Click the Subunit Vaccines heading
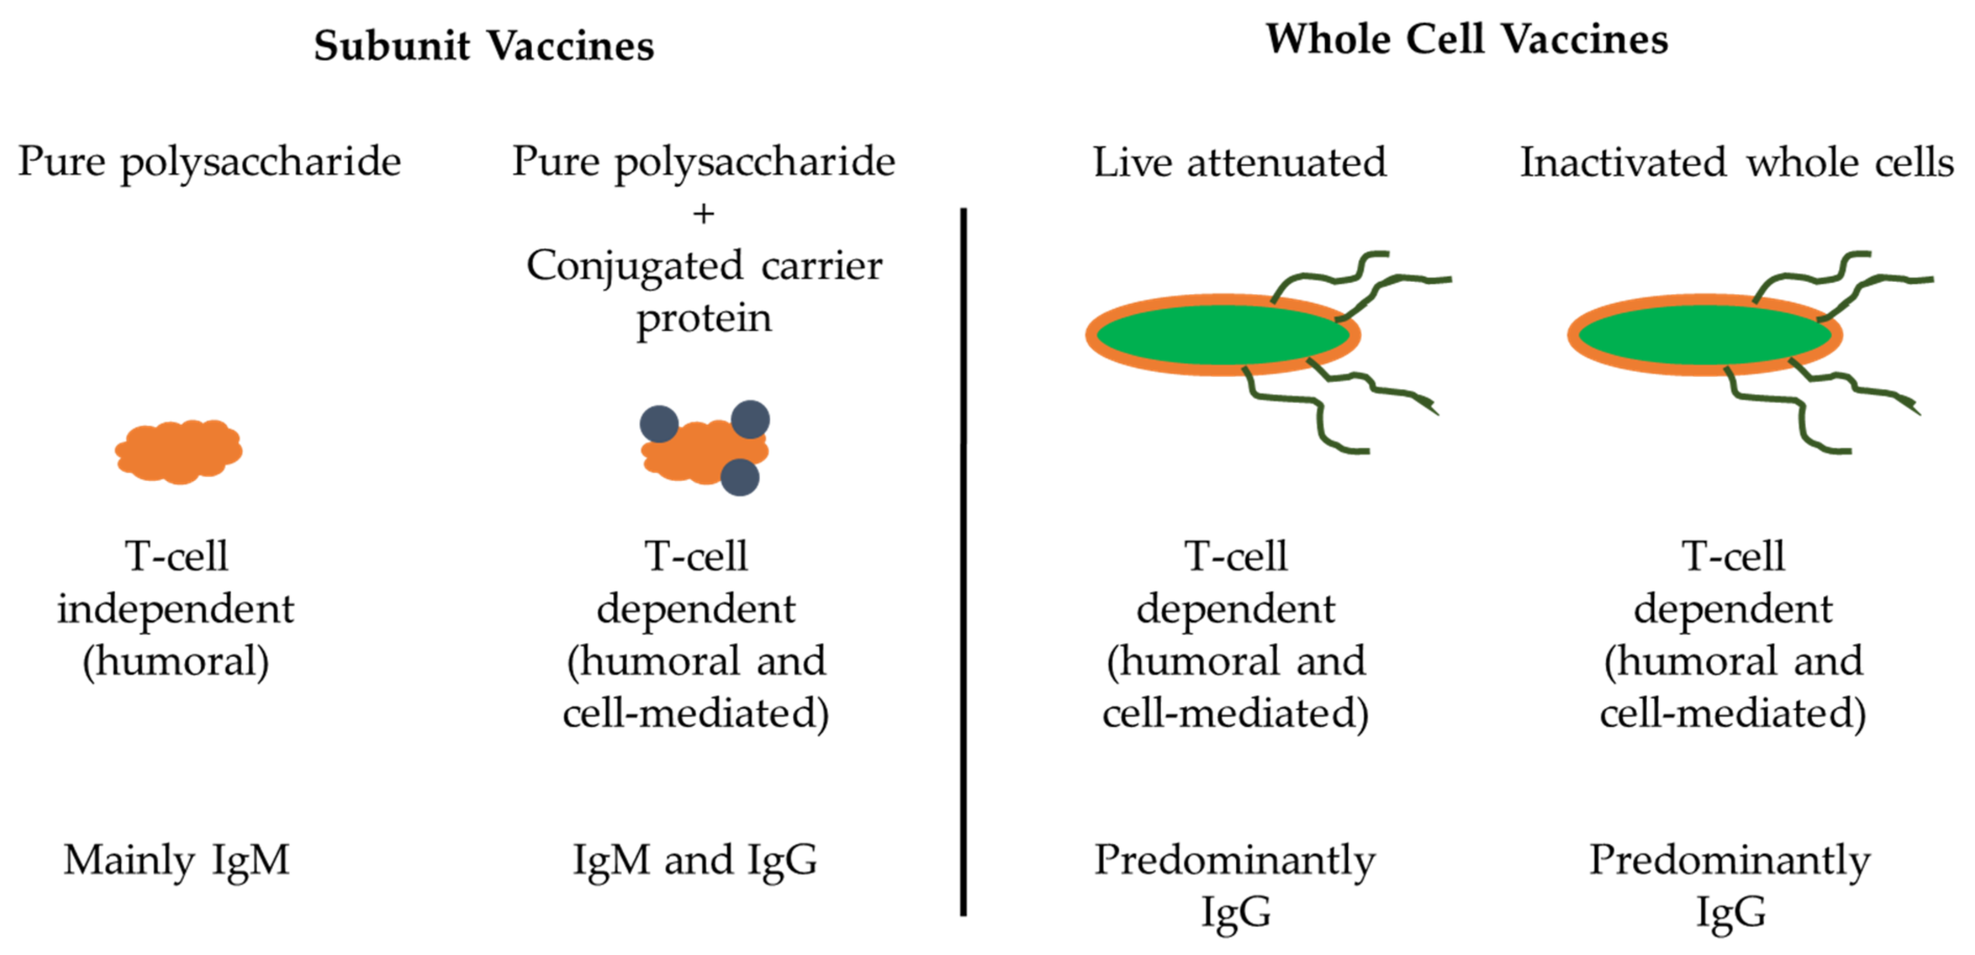click(484, 45)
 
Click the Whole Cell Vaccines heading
click(1466, 39)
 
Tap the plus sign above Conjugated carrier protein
click(703, 214)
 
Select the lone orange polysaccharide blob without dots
click(179, 451)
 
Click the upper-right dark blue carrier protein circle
click(750, 420)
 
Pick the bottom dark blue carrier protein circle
click(740, 477)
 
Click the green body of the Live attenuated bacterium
click(1222, 335)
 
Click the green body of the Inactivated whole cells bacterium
click(1704, 335)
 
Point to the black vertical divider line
click(963, 560)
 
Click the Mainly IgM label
click(177, 859)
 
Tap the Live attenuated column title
click(1239, 162)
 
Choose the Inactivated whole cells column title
click(1737, 162)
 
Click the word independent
click(176, 609)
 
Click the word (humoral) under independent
click(176, 661)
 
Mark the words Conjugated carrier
click(703, 266)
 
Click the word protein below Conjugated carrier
click(703, 317)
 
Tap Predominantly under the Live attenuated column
click(1234, 859)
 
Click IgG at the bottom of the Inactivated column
click(1730, 912)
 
